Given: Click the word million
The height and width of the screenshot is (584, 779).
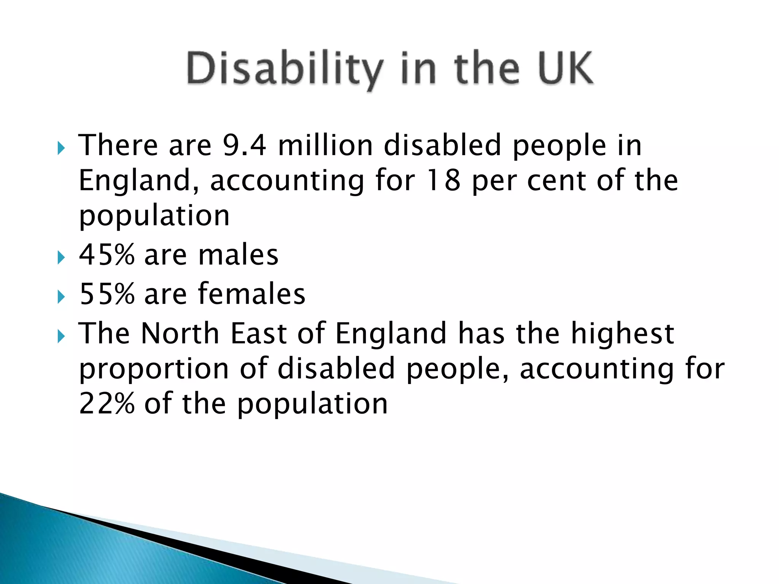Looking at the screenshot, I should pyautogui.click(x=326, y=145).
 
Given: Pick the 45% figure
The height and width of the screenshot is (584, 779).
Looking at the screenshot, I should pyautogui.click(x=107, y=254).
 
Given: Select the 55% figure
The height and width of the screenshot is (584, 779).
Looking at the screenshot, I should pyautogui.click(x=107, y=294).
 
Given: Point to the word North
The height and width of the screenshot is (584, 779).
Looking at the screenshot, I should pyautogui.click(x=180, y=333).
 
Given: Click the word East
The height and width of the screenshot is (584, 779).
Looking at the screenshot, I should pyautogui.click(x=259, y=333).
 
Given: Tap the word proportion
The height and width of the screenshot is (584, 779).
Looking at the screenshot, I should pyautogui.click(x=154, y=369).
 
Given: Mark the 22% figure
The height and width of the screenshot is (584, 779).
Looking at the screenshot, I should pyautogui.click(x=107, y=403).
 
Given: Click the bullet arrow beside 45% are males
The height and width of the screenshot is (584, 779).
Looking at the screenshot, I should pyautogui.click(x=61, y=258).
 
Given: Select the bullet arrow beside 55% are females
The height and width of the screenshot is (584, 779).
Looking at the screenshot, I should pyautogui.click(x=61, y=297).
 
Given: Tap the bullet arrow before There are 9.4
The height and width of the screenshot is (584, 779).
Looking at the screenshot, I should pyautogui.click(x=61, y=149).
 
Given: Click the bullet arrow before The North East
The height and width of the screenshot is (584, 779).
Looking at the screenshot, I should pyautogui.click(x=61, y=336).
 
